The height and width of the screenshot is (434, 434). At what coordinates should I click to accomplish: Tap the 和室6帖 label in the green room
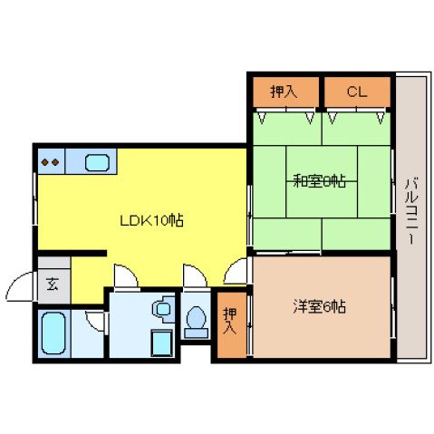318,180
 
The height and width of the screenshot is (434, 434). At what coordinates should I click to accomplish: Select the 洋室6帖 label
319,305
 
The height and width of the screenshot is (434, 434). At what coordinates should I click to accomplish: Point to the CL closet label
356,92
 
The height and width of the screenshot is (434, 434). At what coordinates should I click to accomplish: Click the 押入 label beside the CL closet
284,92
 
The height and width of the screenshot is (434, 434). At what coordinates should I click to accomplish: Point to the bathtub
55,332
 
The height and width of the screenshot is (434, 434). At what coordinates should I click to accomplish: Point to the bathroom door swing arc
95,319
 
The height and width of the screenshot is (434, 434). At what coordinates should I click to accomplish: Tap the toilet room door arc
193,275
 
